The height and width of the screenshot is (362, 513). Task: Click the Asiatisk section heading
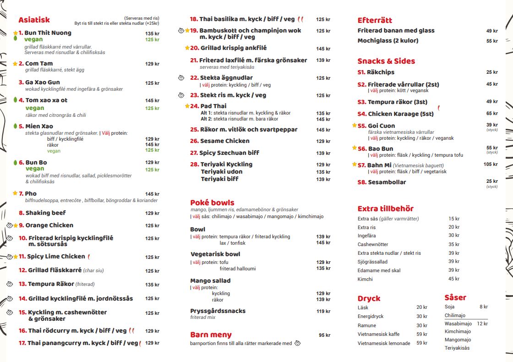34,20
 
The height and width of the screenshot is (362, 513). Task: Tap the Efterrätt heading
375,20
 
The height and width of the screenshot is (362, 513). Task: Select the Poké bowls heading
212,203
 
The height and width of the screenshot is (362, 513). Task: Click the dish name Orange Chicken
49,225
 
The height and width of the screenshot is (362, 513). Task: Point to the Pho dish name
31,194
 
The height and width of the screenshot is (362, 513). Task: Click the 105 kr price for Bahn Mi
490,165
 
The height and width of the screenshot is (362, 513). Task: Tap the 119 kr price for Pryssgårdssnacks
323,312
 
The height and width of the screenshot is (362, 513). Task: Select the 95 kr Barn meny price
324,335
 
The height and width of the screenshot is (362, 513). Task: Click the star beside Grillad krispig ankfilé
187,48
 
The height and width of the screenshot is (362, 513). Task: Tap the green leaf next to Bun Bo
15,163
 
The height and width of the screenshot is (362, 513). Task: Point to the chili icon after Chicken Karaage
438,108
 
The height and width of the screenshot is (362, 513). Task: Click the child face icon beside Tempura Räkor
10,284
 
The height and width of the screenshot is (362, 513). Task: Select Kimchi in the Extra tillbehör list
365,279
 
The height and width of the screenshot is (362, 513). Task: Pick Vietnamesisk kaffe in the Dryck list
378,334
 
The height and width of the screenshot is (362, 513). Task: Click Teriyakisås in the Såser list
457,348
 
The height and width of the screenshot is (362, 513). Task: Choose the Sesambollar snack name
387,182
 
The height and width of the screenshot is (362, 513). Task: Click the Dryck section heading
369,298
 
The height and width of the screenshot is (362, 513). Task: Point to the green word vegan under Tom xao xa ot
35,108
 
